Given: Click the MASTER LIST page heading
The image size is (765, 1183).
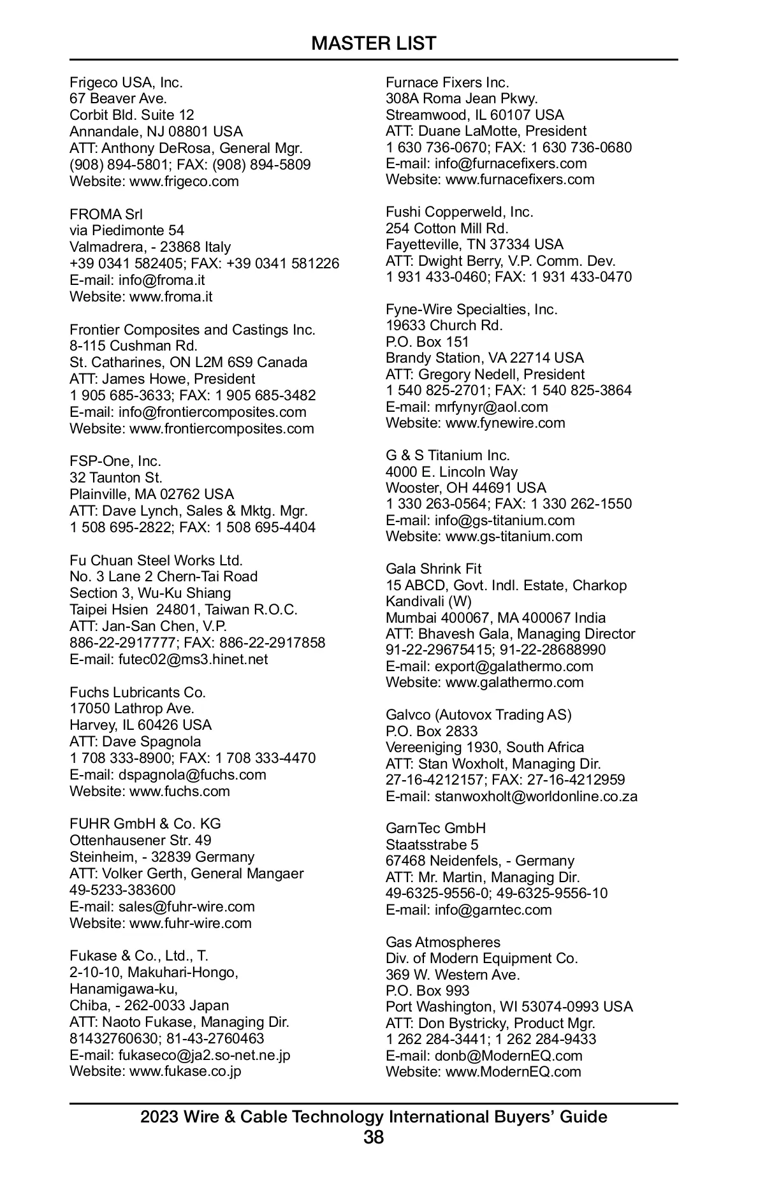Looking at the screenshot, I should click(374, 43).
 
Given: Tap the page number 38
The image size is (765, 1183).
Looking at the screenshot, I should click(374, 1136).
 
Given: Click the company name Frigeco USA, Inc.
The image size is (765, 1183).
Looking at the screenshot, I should click(126, 82).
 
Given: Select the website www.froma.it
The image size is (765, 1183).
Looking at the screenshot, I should click(171, 296).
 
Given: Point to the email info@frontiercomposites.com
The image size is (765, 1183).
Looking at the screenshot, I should click(212, 412).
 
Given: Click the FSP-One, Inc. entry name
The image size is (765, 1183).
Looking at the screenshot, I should click(115, 461).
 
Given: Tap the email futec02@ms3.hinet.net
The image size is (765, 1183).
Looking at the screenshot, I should click(193, 659).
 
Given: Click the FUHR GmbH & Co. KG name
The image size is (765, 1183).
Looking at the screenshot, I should click(145, 824).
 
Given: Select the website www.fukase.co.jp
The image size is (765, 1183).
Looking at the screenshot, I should click(186, 1070).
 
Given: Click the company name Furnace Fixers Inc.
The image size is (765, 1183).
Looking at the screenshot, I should click(448, 82).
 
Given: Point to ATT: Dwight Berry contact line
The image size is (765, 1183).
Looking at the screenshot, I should click(500, 261).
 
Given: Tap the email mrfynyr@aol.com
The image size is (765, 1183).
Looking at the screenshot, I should click(491, 407).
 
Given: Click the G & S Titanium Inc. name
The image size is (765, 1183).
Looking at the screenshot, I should click(448, 455).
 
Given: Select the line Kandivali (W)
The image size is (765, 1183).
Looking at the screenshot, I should click(428, 601).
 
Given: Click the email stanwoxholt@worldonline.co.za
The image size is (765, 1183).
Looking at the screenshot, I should click(536, 796).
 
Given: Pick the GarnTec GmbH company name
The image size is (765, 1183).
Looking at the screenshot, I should click(435, 828).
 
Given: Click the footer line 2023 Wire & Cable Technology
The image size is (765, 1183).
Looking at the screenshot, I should click(374, 1116).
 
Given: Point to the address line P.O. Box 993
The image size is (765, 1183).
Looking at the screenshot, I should click(427, 991).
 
